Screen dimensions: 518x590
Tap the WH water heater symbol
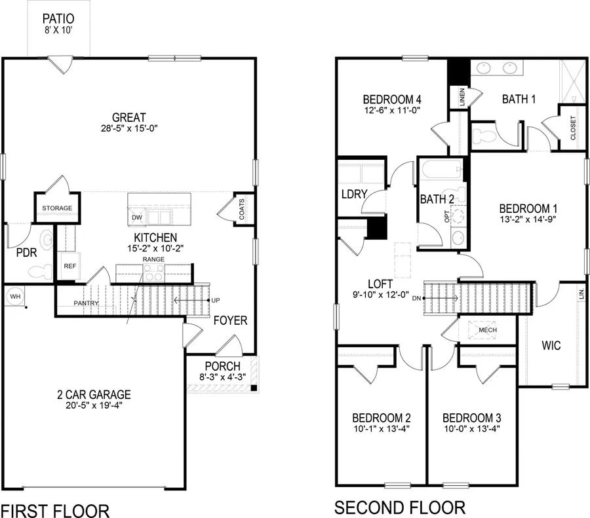[x=14, y=297]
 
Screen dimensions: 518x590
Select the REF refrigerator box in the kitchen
[x=69, y=267]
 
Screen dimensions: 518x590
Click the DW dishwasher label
[x=137, y=217]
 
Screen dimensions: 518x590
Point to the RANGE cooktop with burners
[x=153, y=274]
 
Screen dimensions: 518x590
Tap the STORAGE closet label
[x=57, y=209]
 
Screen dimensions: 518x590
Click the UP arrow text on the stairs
[x=215, y=301]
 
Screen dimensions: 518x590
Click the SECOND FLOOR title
[x=400, y=508]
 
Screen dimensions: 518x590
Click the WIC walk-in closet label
[x=551, y=346]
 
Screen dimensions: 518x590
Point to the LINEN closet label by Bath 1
[x=463, y=98]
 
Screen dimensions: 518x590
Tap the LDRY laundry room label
[x=353, y=194]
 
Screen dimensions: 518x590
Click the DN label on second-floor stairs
[x=416, y=299]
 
